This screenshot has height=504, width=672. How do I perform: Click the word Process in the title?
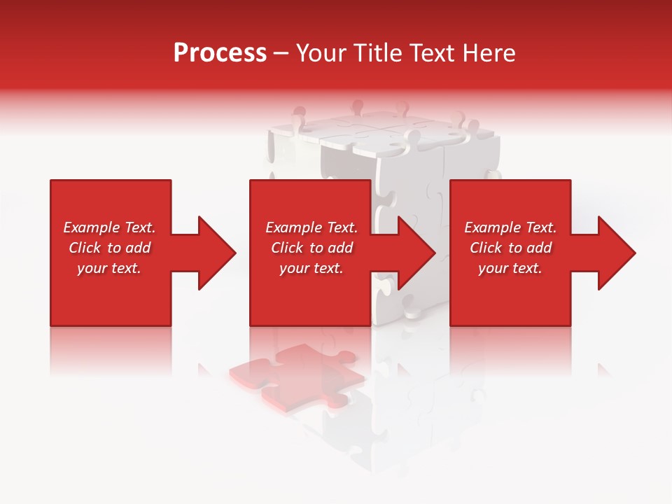[220, 53]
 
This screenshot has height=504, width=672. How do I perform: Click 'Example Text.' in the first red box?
[109, 227]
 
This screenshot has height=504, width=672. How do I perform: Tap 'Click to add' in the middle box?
[311, 248]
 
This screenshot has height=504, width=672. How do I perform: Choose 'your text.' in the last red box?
[510, 268]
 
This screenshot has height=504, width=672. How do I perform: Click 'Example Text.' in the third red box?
[510, 227]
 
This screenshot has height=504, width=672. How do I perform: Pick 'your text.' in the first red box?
[109, 268]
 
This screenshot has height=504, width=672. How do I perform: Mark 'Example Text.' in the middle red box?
[311, 227]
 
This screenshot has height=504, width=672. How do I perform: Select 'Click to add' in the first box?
[109, 248]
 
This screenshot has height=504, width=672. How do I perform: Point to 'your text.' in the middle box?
[311, 268]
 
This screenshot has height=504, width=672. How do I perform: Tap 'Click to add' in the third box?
[510, 248]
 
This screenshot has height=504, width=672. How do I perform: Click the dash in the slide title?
[281, 54]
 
